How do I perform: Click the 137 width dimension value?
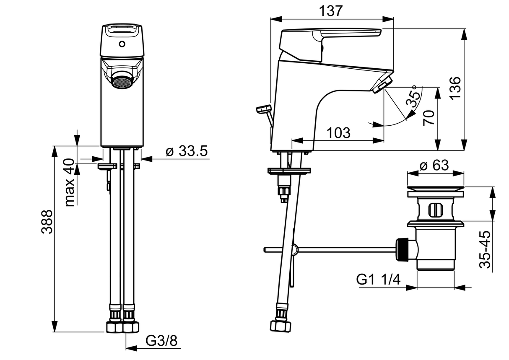[x=332, y=11]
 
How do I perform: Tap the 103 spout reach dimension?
[x=338, y=133]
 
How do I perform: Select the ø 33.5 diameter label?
[x=186, y=151]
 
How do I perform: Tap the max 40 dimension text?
[x=70, y=182]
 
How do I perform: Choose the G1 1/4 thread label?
[x=378, y=279]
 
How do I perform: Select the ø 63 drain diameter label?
[x=434, y=165]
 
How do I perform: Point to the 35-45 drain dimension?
[x=485, y=249]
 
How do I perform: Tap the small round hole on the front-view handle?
[x=122, y=44]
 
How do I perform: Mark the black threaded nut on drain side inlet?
[x=402, y=250]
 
